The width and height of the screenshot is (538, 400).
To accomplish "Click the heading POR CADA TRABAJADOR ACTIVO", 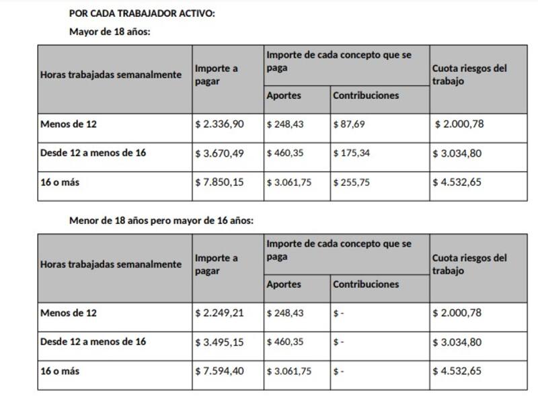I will tap(142, 13).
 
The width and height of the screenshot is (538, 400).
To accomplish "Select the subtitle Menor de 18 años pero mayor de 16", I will tap(161, 221).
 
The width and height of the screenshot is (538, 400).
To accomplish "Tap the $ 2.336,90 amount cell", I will tap(219, 124).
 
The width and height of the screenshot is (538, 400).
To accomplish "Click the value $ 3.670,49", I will tap(219, 153).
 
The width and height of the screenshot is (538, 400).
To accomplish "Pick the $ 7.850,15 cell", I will tap(219, 182).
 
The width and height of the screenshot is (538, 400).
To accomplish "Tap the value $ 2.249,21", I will tap(219, 313).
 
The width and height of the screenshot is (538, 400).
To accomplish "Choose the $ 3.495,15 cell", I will tap(219, 342).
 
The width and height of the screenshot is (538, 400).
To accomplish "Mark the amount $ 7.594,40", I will tap(219, 370).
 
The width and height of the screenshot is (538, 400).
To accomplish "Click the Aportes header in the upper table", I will tap(284, 95).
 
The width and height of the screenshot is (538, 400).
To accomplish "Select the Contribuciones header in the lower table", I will tap(366, 284).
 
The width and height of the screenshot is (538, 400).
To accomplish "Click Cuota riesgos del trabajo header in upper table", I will tap(469, 75).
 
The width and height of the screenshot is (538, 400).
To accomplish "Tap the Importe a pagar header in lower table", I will tap(216, 264).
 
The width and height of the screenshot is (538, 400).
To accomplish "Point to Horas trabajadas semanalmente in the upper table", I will tap(110, 75).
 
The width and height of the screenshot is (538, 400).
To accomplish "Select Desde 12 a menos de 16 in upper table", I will tap(93, 153).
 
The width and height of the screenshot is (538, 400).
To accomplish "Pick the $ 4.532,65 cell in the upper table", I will tap(457, 182).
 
